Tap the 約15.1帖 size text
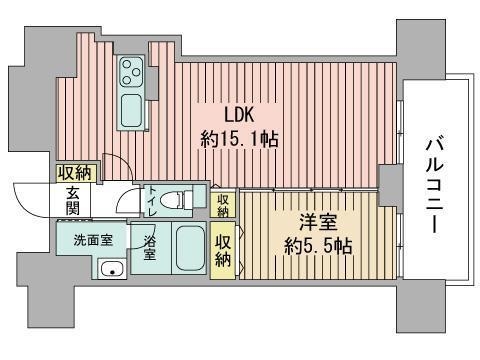(239, 140)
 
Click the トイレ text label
(152, 202)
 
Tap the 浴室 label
(149, 247)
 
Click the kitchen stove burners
(131, 71)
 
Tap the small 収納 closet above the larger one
(224, 205)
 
